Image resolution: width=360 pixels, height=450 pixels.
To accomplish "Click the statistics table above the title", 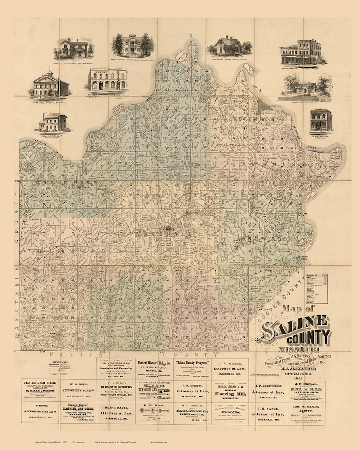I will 317,288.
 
